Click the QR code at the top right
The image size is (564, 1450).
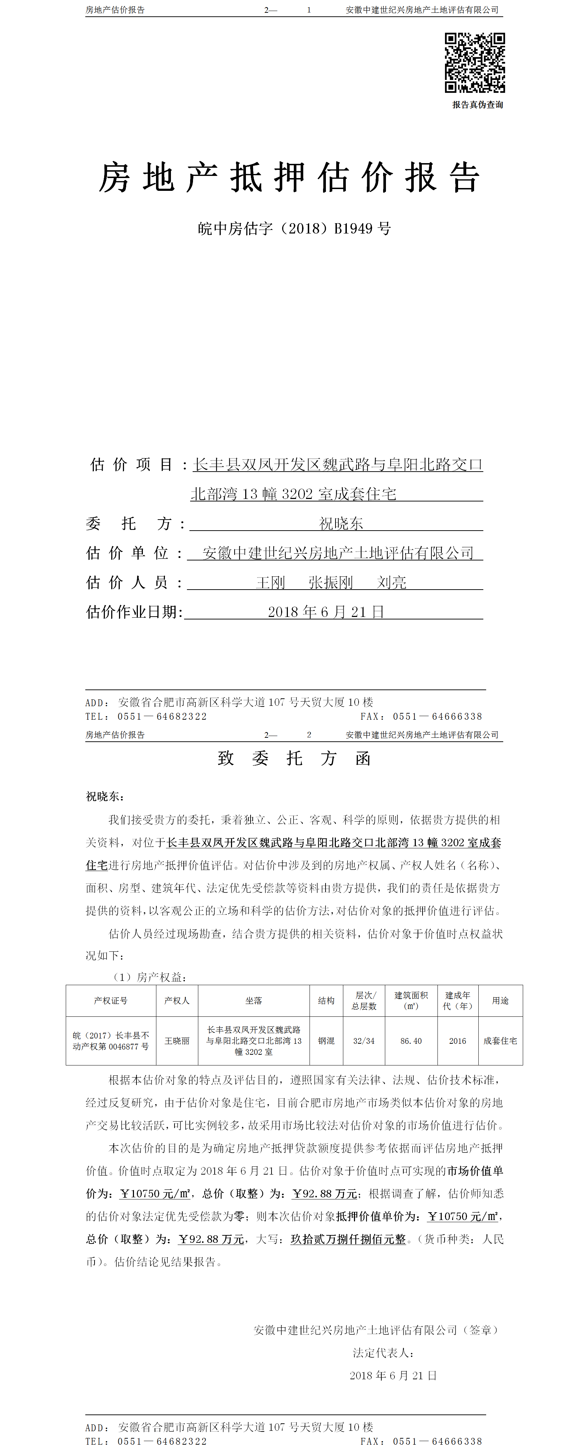[474, 63]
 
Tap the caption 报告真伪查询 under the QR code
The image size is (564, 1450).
[477, 105]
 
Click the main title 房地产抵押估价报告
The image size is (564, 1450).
[289, 178]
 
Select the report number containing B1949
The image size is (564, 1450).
[294, 229]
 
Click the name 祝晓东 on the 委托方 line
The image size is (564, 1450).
[341, 523]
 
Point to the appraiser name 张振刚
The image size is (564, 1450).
[331, 582]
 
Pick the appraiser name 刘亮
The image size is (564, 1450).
[392, 582]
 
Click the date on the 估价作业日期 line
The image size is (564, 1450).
[326, 612]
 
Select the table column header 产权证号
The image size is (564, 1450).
[111, 1000]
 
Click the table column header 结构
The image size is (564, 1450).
[327, 1000]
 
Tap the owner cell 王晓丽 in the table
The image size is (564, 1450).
[177, 1041]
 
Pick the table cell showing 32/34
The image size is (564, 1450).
[364, 1041]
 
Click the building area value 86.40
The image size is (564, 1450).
[411, 1041]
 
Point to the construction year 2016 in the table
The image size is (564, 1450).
[458, 1041]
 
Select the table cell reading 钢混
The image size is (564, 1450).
[327, 1041]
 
